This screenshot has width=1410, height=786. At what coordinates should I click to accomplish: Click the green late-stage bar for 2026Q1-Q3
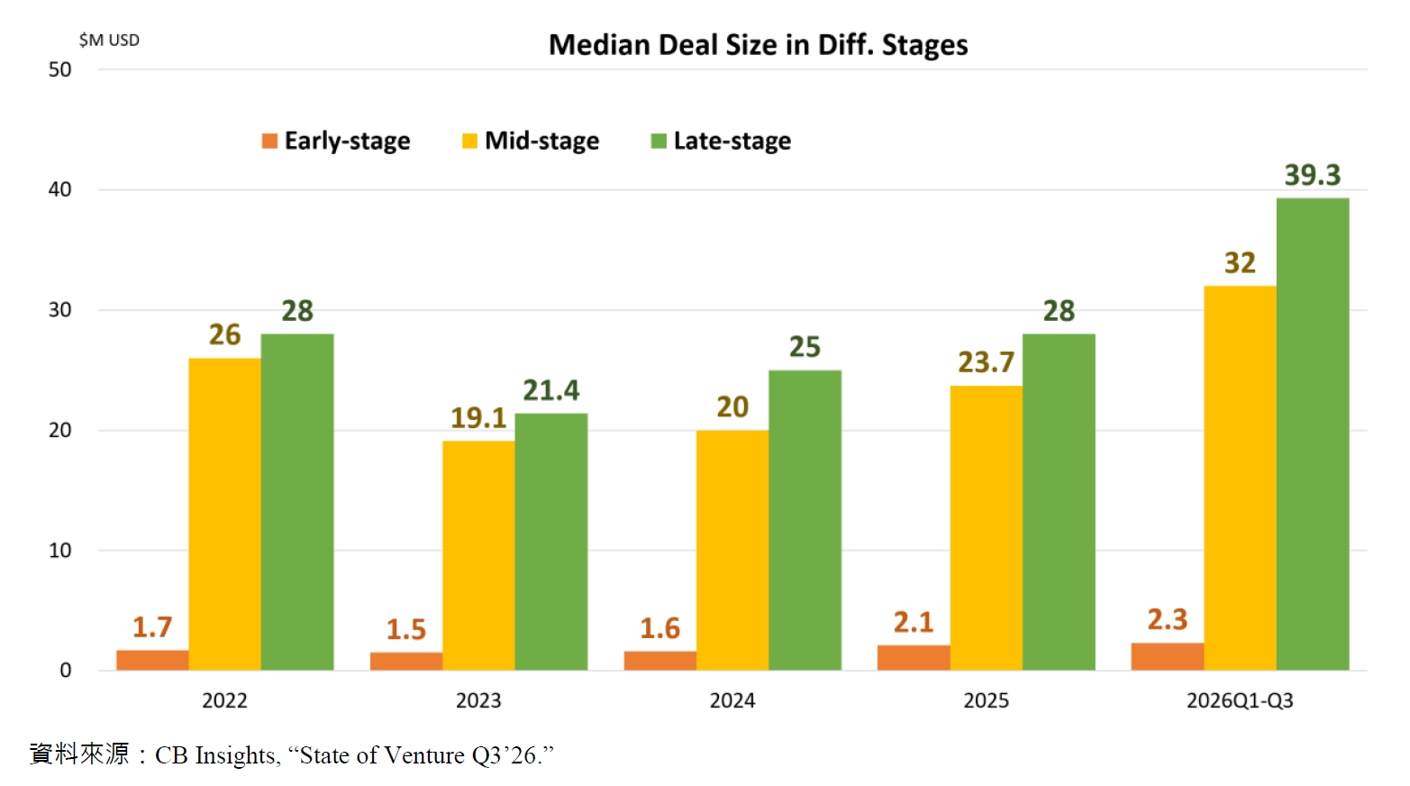1313,434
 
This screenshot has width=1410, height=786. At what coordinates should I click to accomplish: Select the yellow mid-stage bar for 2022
224,514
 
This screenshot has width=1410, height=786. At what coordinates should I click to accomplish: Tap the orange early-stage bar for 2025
914,657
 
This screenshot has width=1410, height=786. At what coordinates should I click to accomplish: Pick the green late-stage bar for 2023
550,542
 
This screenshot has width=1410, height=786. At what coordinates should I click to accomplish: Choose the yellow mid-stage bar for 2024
732,551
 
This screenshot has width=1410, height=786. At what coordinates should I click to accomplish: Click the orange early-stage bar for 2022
152,660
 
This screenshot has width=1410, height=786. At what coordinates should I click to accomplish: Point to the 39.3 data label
1313,175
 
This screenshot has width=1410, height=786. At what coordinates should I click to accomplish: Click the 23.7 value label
987,362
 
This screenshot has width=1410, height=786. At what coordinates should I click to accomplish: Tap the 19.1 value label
478,417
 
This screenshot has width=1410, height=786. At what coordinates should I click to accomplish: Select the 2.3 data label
1167,620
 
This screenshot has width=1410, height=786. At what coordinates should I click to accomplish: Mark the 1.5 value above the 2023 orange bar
406,629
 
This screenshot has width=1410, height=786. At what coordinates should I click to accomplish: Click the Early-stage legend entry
336,141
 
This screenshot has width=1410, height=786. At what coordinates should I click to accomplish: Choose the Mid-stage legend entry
531,141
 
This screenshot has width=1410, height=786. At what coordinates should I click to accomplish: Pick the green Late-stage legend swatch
659,142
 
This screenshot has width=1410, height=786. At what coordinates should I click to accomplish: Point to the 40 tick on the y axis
59,189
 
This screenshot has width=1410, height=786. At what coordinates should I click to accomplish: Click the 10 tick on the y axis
59,551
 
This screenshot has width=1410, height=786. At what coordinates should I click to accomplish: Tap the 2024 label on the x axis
732,700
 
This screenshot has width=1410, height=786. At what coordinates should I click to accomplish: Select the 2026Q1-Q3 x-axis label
1240,700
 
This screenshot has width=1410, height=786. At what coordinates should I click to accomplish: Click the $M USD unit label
109,41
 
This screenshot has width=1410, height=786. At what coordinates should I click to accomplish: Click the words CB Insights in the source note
214,755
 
